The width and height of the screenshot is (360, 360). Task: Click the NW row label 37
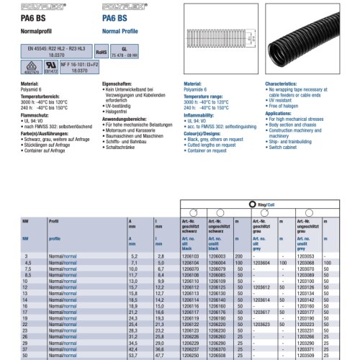(x=27, y=349)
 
